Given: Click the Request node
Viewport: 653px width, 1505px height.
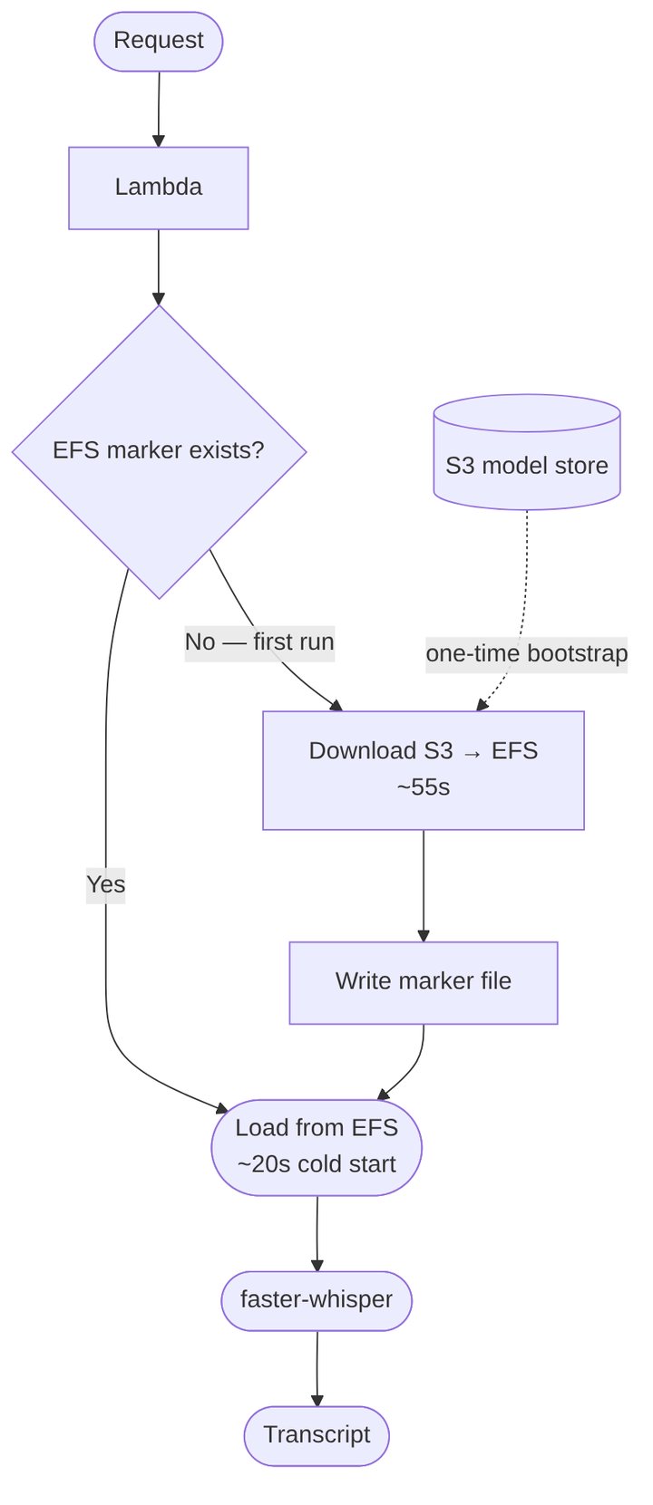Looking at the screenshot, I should pos(159,41).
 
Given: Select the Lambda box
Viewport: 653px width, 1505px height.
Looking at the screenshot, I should pos(159,188).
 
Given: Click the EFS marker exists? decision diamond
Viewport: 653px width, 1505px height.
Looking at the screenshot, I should pos(159,450).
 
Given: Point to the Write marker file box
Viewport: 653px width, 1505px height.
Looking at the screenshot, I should pos(424,982).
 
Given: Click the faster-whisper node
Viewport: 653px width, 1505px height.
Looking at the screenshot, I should pos(317,1300).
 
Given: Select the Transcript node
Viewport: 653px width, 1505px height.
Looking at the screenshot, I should pos(317,1435).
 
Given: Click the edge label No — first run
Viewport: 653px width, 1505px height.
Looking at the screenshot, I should pos(259,642).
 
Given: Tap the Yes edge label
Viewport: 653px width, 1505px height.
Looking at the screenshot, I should pos(106,884).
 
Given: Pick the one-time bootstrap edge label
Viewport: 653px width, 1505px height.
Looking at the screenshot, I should pos(527,653).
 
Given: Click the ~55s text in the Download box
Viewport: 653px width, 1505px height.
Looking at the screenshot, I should pos(424,787).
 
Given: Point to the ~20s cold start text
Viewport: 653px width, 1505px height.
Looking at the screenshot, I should pos(317,1164).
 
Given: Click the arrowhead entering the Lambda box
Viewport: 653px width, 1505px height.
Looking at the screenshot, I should pos(159,140).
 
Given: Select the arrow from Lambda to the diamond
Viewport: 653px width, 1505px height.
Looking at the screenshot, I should pos(159,267).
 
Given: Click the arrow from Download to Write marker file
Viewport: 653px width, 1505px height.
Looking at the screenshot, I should pos(424,885).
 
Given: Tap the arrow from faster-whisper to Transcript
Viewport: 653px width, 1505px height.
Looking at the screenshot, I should pos(317,1368).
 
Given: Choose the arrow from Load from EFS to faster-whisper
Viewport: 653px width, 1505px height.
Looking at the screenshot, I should pos(317,1233).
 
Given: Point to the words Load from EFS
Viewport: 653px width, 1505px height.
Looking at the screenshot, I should pos(317,1128).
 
